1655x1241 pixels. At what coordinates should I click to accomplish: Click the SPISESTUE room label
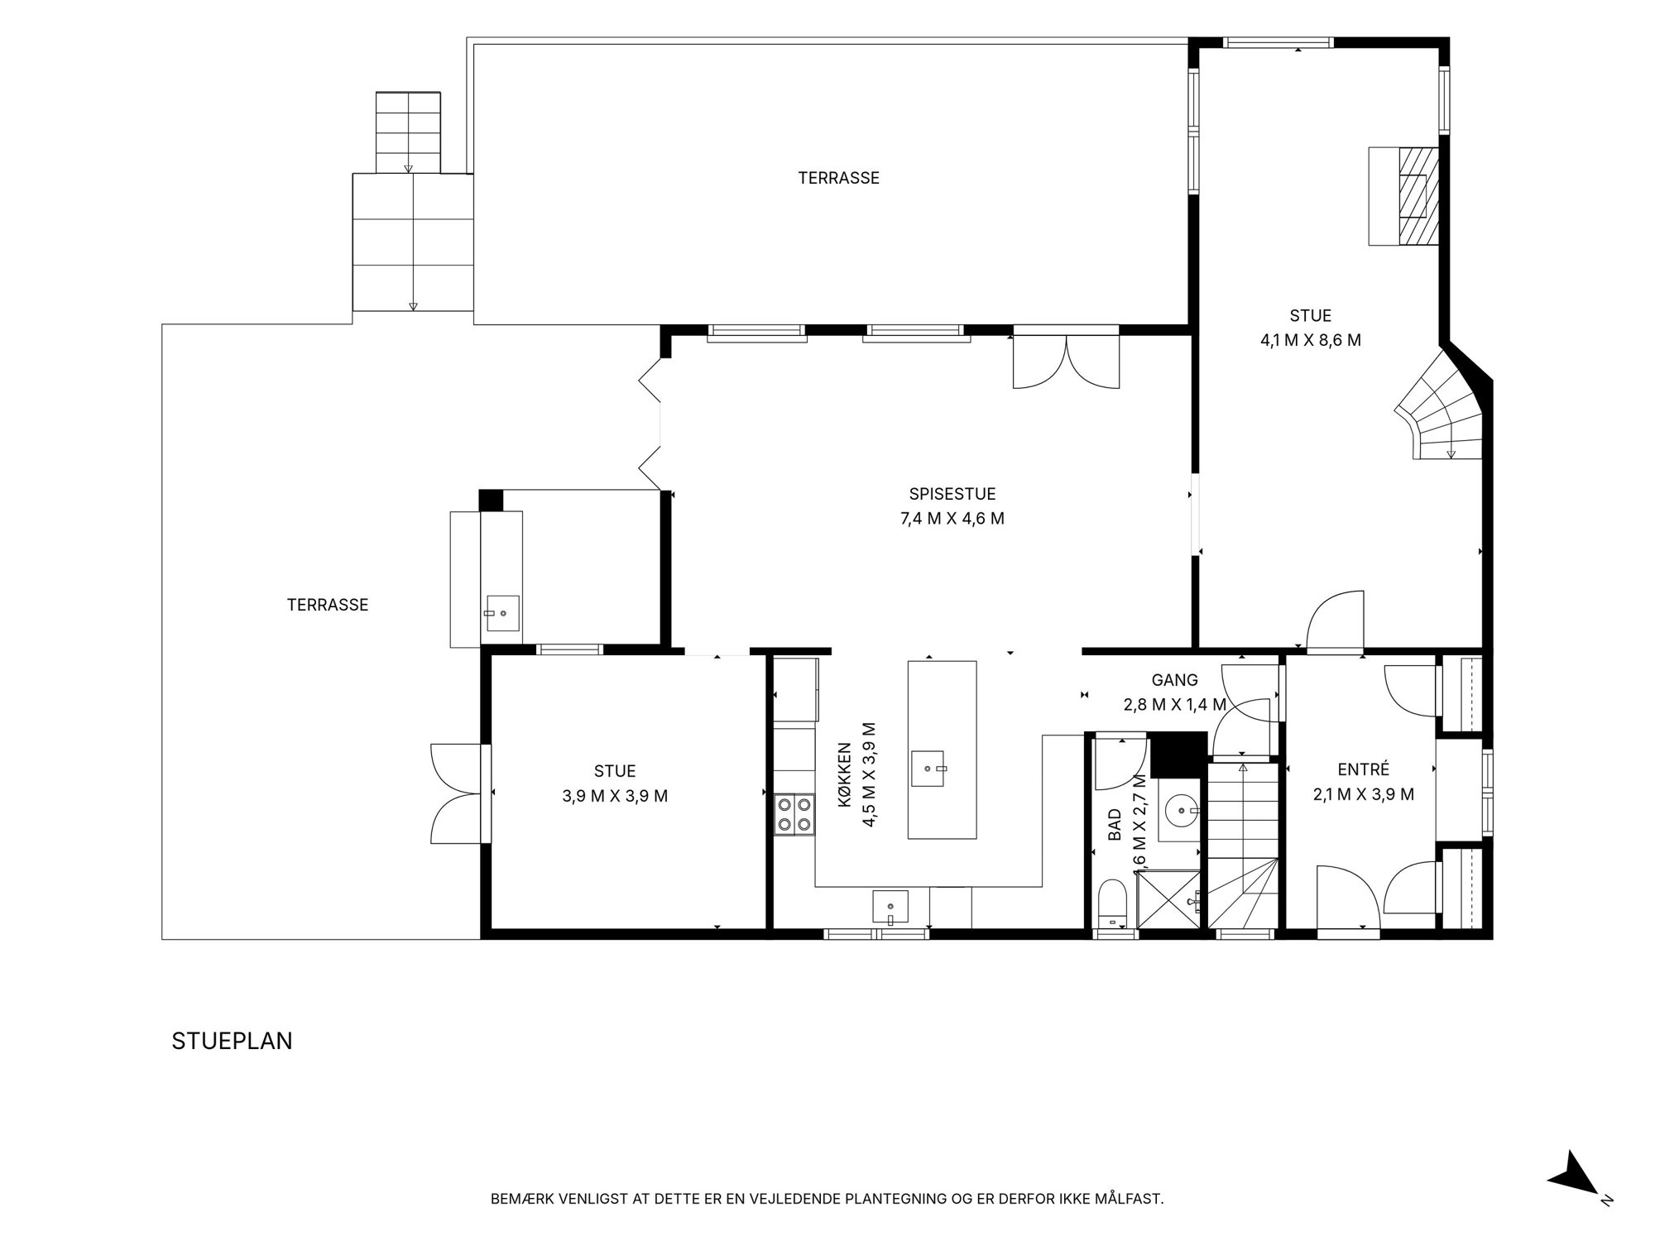click(952, 494)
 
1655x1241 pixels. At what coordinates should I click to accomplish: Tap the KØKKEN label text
click(845, 774)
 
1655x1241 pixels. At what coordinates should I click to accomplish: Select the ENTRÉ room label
click(1363, 769)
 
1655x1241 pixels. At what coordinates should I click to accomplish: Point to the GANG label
click(1174, 680)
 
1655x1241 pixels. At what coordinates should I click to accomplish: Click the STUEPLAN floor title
click(232, 1041)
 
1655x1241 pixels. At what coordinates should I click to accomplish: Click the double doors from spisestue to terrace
click(1067, 361)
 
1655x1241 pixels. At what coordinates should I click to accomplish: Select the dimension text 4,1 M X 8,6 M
click(1311, 340)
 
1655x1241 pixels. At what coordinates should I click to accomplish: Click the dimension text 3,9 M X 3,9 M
click(615, 796)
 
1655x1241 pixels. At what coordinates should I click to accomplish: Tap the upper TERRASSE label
click(838, 178)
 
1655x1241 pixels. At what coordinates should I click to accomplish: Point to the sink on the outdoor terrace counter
click(502, 614)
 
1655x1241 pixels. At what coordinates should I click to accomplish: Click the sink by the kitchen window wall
click(890, 907)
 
